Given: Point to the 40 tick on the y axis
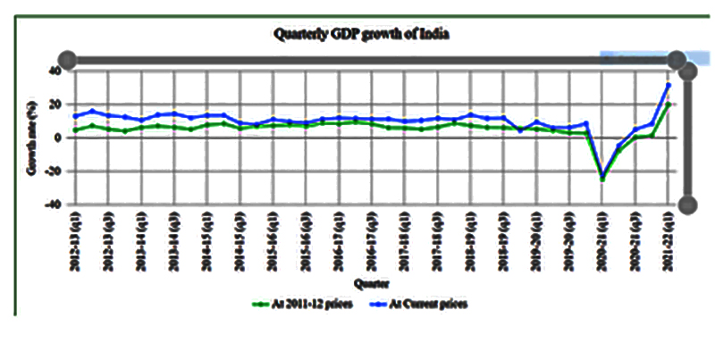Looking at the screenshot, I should coord(54,71).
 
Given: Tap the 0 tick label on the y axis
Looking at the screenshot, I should coord(56,138).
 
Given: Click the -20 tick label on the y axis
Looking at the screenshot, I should coord(52,172).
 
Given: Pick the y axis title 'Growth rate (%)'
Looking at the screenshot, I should coord(33,138).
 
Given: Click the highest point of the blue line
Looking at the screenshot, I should coord(668,86).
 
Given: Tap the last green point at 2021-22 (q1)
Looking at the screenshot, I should coord(668,104).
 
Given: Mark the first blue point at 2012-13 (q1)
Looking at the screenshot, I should coord(75,116).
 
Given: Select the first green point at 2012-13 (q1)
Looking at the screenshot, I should coord(75,130).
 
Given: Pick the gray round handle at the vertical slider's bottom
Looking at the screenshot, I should coord(687,205).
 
